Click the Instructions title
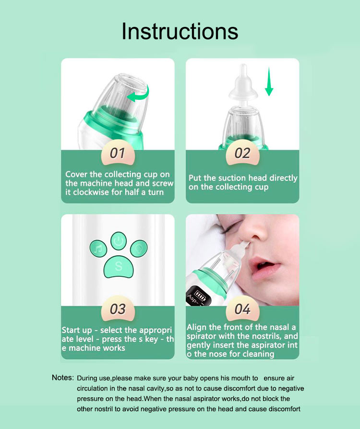click(x=180, y=31)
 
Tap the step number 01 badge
click(x=118, y=153)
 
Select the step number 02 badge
click(x=242, y=153)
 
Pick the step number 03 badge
click(x=118, y=309)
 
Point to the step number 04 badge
click(x=242, y=309)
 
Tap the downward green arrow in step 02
click(x=269, y=82)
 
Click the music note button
click(x=98, y=249)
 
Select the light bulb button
click(x=139, y=248)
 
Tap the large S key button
click(x=119, y=266)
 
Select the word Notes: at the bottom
click(x=63, y=378)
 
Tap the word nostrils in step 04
click(x=264, y=336)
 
